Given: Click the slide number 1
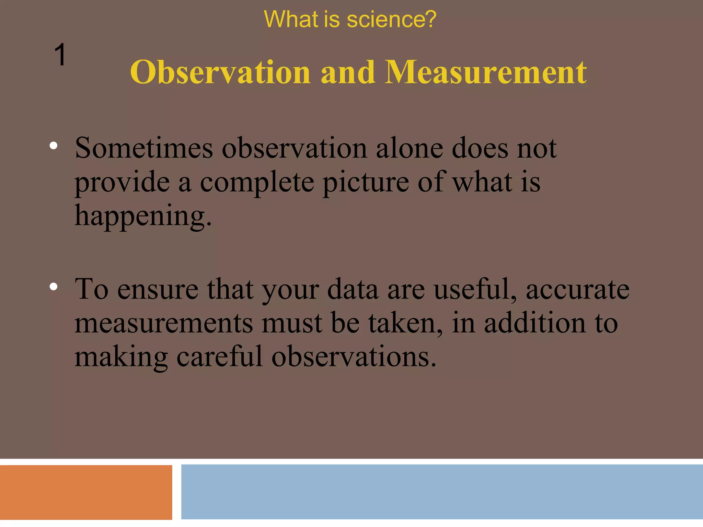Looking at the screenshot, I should [60, 55].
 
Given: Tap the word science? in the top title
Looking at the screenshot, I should [391, 20].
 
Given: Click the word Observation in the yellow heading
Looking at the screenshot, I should [220, 72].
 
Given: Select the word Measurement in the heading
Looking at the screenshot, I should [485, 72].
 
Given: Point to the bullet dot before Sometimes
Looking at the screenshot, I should [53, 146].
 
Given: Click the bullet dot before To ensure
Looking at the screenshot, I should [53, 286].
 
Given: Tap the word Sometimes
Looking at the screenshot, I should [144, 148].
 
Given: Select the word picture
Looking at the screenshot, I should [366, 183].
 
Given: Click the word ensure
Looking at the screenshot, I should [158, 289].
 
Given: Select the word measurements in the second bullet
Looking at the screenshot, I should [163, 323].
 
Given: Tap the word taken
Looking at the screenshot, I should [405, 323].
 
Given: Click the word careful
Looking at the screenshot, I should [219, 357].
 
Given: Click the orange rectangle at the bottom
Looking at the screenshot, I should [86, 492].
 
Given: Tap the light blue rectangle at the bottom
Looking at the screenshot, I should [442, 492].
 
